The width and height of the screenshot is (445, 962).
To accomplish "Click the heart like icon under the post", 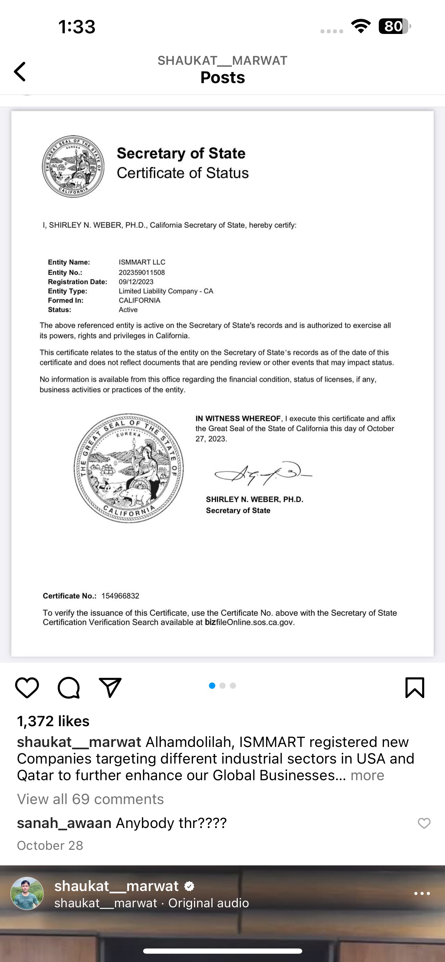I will (27, 687).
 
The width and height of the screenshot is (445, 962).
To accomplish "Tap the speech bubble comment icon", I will (69, 687).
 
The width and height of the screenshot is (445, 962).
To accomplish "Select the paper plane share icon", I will (110, 687).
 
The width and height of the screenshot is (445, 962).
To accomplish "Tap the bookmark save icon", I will (415, 687).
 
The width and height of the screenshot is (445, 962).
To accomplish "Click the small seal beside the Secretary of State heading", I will (73, 167).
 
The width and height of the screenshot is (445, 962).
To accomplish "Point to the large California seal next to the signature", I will (129, 468).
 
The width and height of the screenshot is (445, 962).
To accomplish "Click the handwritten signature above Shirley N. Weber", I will (263, 473).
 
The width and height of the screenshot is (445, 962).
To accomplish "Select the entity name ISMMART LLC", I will (142, 262).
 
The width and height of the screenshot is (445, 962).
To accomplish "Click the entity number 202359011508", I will (142, 272).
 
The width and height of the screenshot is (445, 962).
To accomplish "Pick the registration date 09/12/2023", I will (136, 282).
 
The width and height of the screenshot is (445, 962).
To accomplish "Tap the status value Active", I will (128, 310).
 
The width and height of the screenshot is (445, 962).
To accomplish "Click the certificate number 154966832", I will (120, 596).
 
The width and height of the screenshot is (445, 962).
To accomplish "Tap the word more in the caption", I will (367, 775).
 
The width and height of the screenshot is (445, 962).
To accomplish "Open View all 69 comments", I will (90, 799).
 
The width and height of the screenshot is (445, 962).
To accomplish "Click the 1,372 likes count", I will (53, 721).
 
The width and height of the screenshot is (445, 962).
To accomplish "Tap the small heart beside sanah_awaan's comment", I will (424, 823).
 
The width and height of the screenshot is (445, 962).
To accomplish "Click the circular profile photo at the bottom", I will (27, 893).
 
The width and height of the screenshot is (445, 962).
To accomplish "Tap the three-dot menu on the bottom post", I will (422, 893).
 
